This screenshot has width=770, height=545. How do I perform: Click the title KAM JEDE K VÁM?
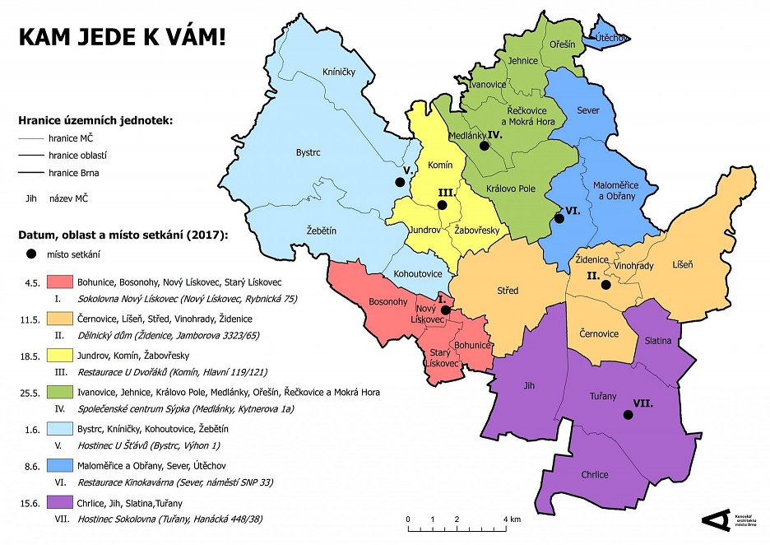(121, 37)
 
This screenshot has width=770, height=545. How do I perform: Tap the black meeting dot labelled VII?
(629, 415)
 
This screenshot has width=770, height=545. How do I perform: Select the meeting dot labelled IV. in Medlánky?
(485, 145)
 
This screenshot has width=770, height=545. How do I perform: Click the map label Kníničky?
(338, 72)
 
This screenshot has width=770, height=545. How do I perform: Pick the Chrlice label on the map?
(594, 475)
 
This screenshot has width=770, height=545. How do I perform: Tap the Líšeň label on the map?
(682, 264)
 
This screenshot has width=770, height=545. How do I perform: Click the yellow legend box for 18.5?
(62, 356)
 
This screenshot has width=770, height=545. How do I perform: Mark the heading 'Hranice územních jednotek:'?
(96, 121)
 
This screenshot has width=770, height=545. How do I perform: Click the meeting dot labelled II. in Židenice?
(606, 285)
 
